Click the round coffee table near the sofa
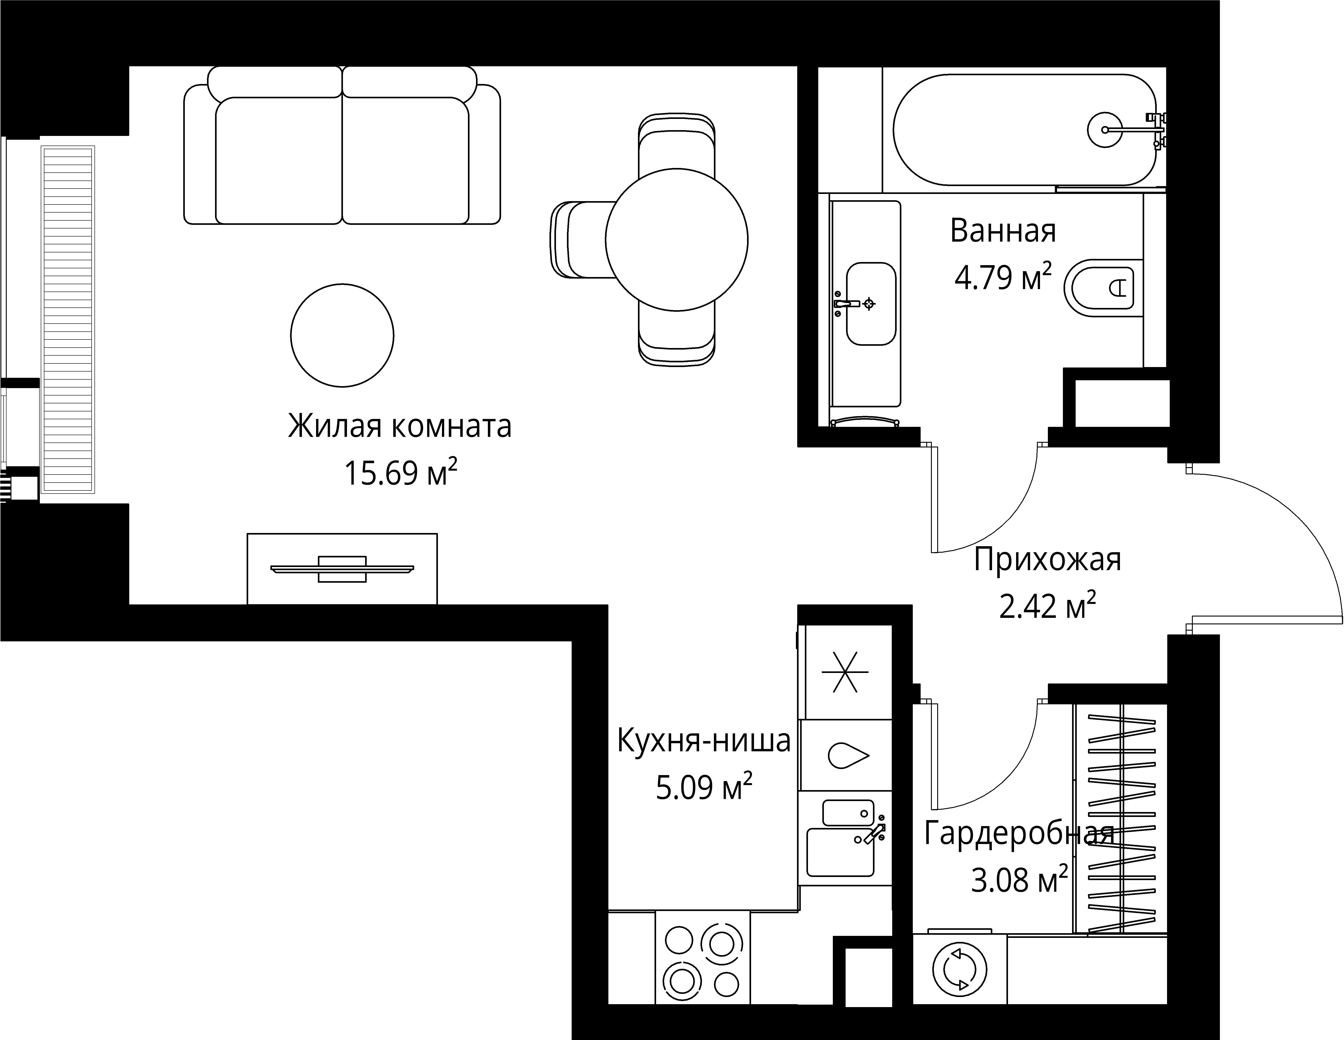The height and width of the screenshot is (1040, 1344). (x=342, y=335)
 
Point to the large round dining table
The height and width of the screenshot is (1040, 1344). (x=676, y=240)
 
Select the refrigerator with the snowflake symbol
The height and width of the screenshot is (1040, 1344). (x=845, y=671)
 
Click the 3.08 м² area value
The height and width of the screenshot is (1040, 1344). (x=1019, y=880)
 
